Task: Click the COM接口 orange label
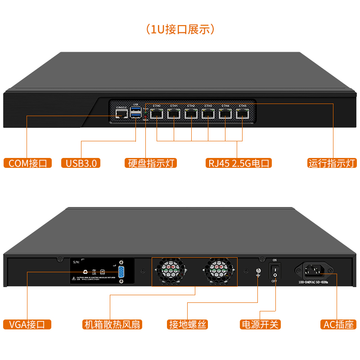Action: coord(27,163)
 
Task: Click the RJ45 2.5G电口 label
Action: coord(238,163)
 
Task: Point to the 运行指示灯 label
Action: coord(332,163)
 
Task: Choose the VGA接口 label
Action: coord(27,324)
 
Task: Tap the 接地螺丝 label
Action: coord(188,324)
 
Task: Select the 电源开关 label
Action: coord(260,324)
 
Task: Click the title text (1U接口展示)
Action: coord(180,30)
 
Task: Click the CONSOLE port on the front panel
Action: coord(121,114)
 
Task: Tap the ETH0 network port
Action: coord(157,113)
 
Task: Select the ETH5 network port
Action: coord(243,113)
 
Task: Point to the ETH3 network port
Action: coord(208,113)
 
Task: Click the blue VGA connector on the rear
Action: coord(121,271)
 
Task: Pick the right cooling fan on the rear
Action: coord(218,271)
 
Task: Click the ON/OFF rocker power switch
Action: coord(275,270)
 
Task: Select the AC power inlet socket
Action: coord(315,270)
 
